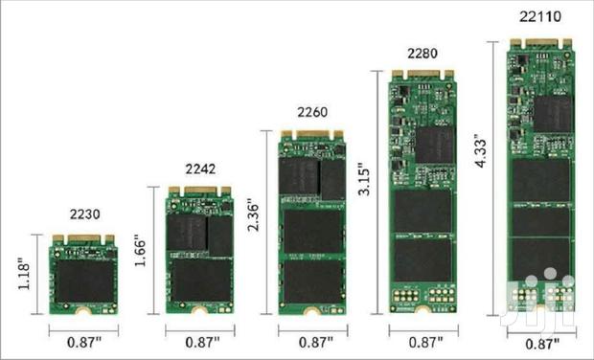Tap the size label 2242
tap(199, 170)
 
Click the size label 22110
tap(539, 16)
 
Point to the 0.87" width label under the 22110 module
tap(541, 344)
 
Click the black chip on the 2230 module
tap(83, 281)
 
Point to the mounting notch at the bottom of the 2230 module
tap(83, 311)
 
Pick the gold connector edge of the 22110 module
tap(539, 42)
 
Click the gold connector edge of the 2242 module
tap(199, 191)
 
